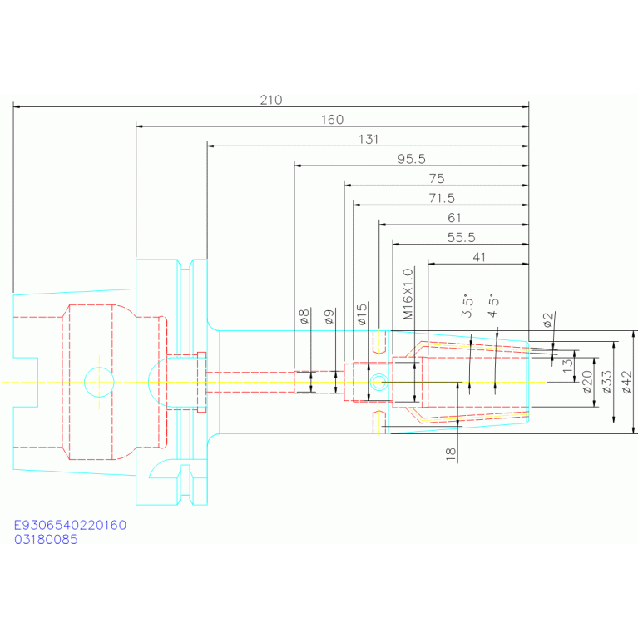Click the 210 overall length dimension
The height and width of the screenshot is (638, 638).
[x=271, y=100]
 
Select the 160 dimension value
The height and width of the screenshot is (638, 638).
[x=332, y=120]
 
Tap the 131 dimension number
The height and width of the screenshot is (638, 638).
[x=368, y=140]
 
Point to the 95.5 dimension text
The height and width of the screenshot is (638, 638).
[x=411, y=159]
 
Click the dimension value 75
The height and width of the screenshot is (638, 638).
[x=436, y=179]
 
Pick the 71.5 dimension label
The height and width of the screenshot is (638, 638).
[x=440, y=199]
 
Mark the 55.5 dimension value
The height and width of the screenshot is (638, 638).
[x=460, y=238]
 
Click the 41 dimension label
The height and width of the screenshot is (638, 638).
[x=478, y=258]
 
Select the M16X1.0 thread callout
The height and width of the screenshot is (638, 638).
[x=408, y=294]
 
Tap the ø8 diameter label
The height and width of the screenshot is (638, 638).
[x=304, y=316]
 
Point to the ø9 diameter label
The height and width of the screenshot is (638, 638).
[x=329, y=316]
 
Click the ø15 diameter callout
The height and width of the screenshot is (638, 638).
[x=362, y=314]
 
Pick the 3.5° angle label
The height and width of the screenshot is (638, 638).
[x=467, y=307]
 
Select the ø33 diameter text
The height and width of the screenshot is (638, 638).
[x=607, y=382]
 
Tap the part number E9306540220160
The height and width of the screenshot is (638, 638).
[x=70, y=526]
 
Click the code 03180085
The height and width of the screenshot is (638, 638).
[x=46, y=540]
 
